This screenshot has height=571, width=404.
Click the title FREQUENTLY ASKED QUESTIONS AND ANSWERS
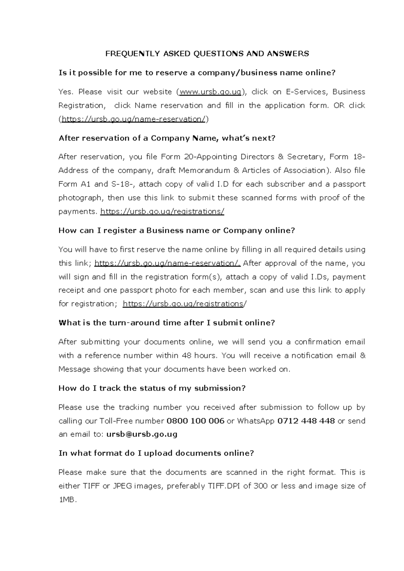(207, 54)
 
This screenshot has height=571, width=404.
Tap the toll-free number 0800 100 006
(195, 421)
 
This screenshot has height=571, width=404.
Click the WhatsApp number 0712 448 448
(306, 421)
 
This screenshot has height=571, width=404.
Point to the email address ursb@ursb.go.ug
(142, 434)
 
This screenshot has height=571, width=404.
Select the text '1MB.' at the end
(68, 500)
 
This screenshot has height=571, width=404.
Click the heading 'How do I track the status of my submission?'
(152, 388)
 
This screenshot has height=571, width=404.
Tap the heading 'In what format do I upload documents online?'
(156, 453)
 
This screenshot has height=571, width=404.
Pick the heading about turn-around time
(167, 323)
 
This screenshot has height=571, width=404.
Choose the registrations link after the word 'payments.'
(162, 211)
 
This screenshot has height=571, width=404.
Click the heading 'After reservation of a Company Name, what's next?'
(167, 138)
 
